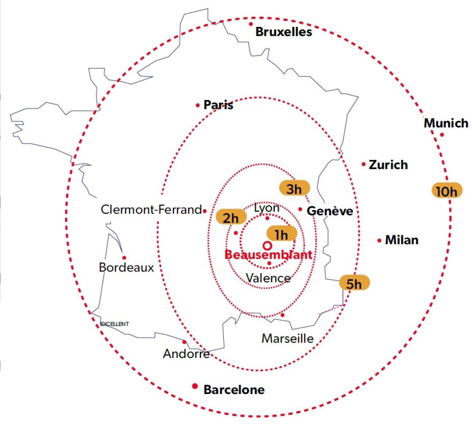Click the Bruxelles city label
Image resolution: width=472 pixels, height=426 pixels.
pos(284,32)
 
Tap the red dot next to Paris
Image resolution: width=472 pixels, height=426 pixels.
pos(198,106)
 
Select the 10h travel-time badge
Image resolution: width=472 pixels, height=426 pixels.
pos(447,191)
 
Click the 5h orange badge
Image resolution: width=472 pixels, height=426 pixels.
pos(354,283)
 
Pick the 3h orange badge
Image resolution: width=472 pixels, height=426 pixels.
pos(294,189)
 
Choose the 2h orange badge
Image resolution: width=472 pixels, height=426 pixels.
pos(231,217)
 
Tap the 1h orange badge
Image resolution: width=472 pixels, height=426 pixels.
pos(281,234)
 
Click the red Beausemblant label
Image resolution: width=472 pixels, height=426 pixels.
pos(268,254)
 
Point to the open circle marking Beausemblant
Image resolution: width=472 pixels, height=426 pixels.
pos(268,245)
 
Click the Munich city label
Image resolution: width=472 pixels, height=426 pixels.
pos(446,123)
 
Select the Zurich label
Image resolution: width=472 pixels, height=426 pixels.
pos(388,165)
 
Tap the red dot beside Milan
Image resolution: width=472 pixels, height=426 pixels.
pos(379,241)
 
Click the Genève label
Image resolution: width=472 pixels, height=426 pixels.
pos(330,211)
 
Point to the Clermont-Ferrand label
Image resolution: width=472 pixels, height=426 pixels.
pos(151,210)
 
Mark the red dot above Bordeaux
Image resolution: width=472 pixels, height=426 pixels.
pos(124,258)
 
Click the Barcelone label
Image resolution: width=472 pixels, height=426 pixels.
pos(234,390)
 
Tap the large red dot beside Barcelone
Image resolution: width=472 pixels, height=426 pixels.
pos(195,386)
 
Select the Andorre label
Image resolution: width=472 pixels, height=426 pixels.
pos(186,354)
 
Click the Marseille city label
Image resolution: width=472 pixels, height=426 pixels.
pos(288,338)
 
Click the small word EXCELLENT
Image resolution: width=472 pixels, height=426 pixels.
pos(115,324)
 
